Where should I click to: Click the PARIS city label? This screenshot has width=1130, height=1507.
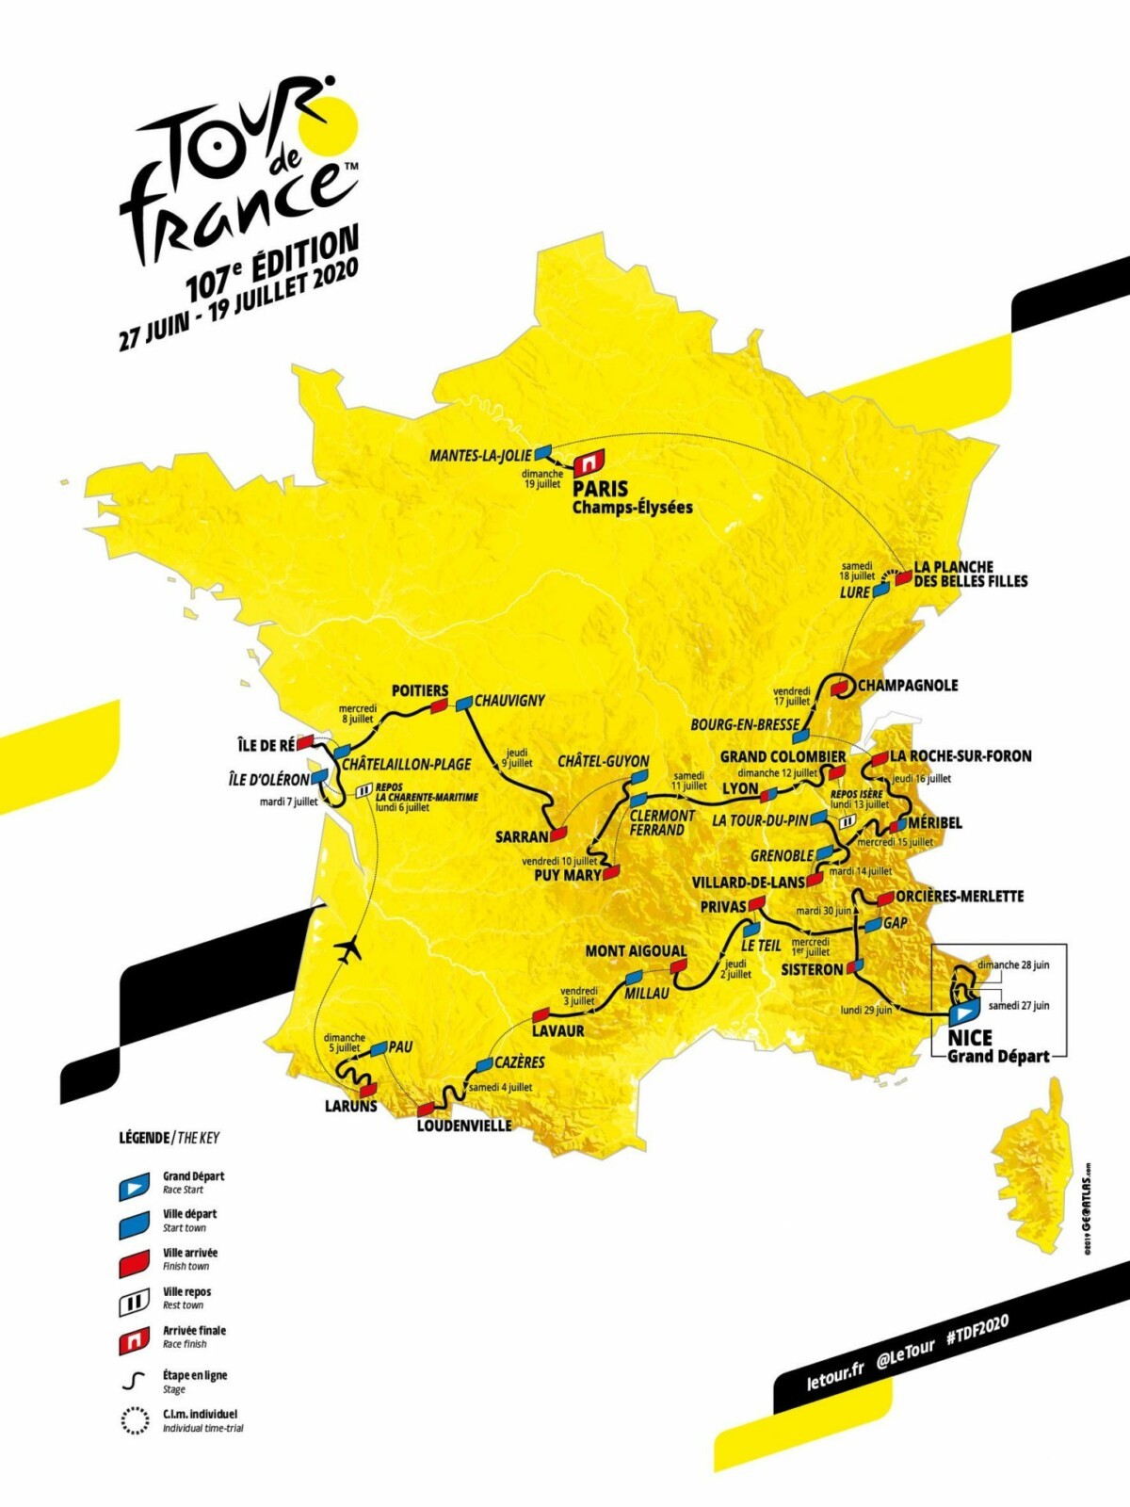point(600,489)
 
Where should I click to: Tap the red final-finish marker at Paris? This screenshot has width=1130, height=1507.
point(589,463)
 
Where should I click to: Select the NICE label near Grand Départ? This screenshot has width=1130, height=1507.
point(970,1037)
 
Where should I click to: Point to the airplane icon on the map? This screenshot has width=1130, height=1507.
point(349,949)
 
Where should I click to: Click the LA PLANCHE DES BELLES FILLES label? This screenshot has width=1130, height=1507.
point(969,574)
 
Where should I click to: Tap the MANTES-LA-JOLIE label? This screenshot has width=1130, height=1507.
point(480,456)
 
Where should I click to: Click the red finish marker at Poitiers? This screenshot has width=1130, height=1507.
point(438,707)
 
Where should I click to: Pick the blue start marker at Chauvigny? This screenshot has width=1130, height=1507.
point(464,703)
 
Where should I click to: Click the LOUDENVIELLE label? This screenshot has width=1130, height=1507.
point(464,1126)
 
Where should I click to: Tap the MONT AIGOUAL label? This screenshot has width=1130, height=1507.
point(636,951)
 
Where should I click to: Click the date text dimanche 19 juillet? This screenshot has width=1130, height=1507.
point(543,478)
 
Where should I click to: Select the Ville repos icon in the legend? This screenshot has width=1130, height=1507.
point(133,1304)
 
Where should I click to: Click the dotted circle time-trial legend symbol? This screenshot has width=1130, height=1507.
point(134,1420)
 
